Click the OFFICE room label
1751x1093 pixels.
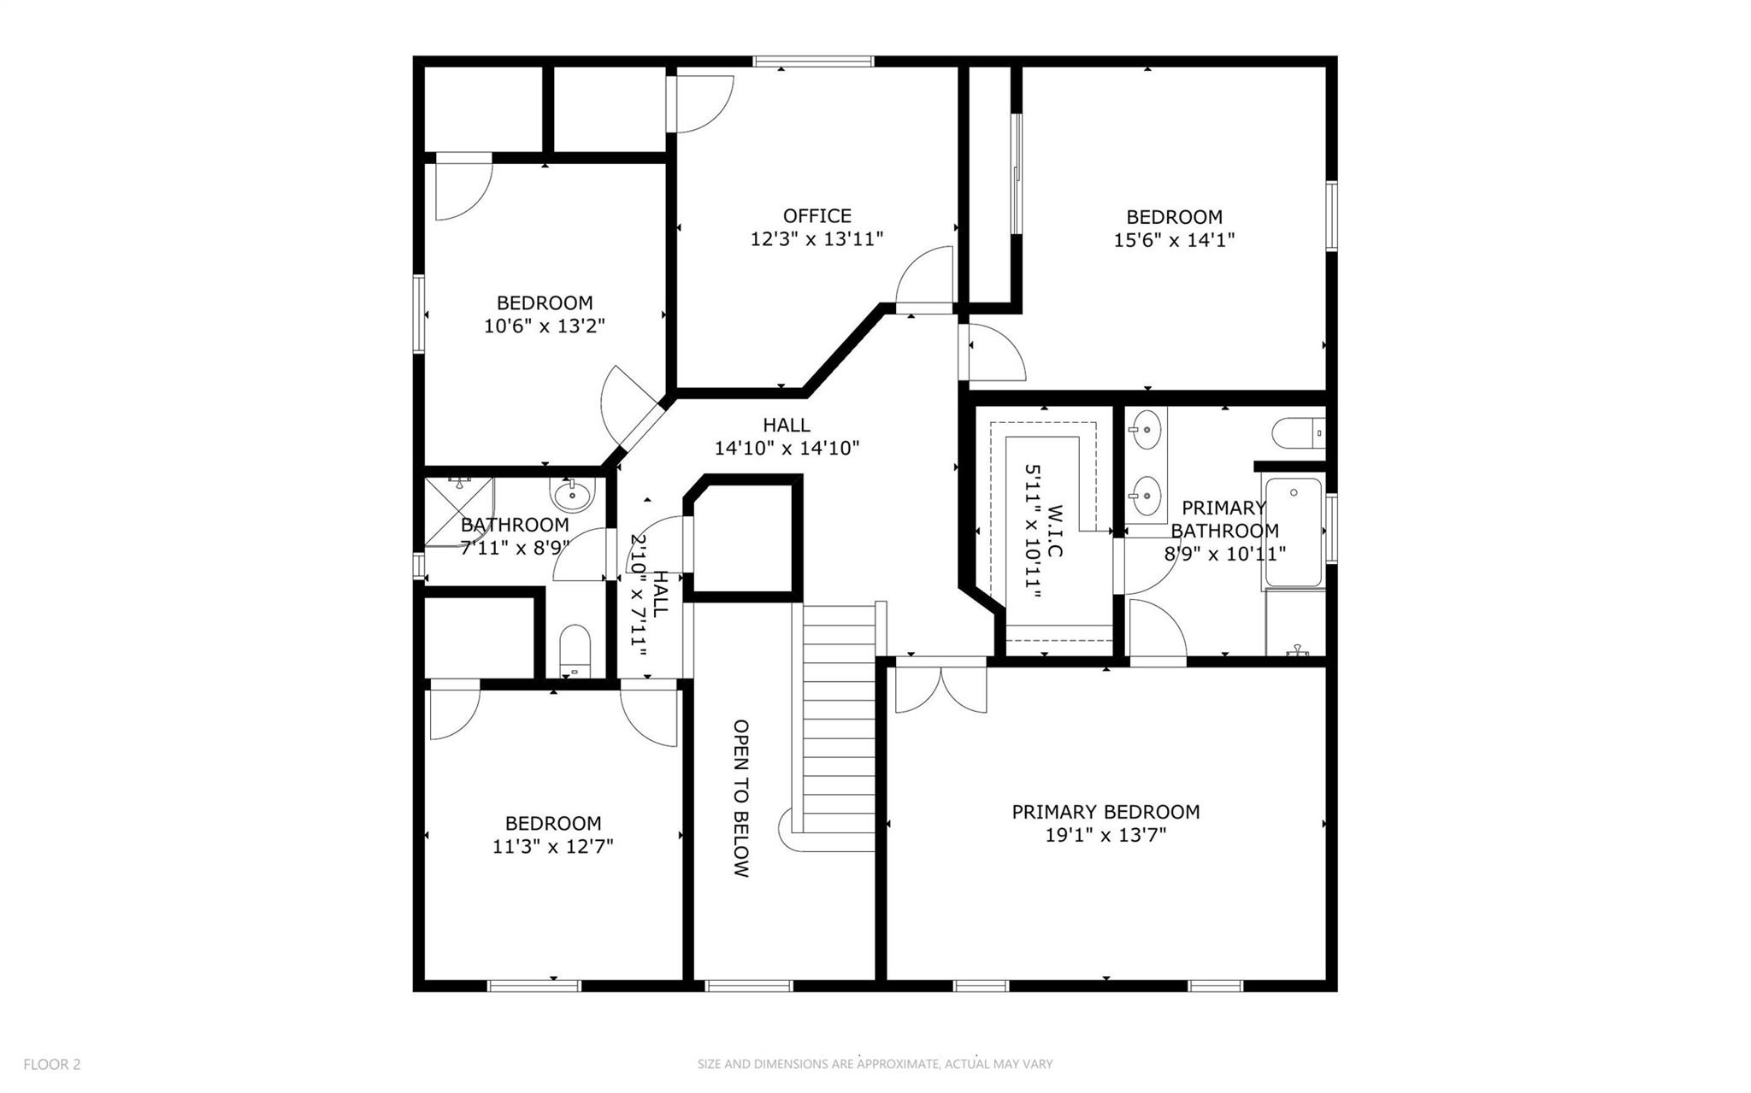tap(817, 216)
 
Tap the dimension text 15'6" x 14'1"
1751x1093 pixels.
tap(1173, 241)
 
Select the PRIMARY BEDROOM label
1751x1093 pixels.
tap(1105, 812)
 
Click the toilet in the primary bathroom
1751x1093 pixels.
tap(1296, 432)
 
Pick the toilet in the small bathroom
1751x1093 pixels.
tap(575, 649)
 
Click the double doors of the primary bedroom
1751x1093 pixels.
tap(940, 689)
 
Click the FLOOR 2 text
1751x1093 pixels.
tap(51, 1064)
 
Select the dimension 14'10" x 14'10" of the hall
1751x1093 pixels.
tap(787, 448)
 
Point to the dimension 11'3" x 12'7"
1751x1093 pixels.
tap(552, 847)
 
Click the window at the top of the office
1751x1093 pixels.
tap(813, 62)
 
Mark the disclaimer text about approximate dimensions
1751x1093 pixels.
tap(875, 1064)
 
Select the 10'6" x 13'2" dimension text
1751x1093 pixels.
tap(545, 326)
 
